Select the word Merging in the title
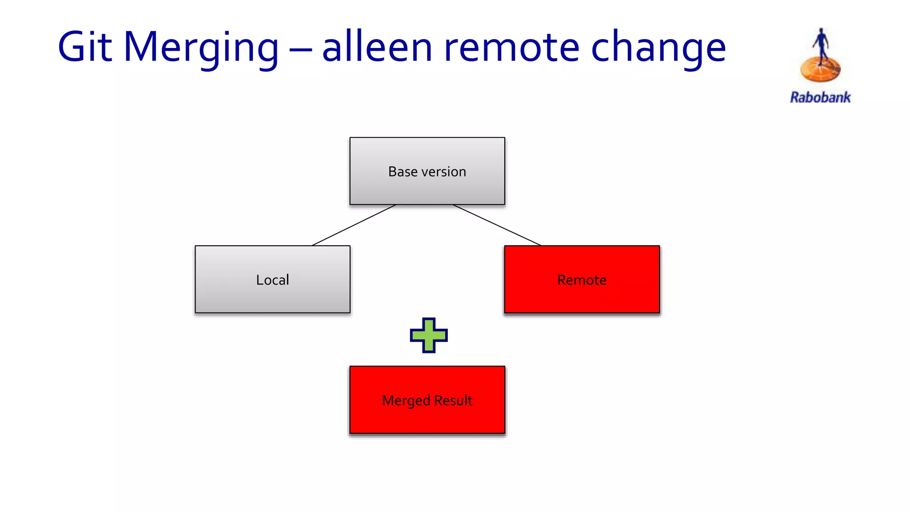pos(201,48)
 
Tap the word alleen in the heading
pos(377,47)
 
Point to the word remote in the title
pos(511,48)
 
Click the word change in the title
pos(658,48)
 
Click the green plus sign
pos(428,336)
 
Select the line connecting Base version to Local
pos(354,225)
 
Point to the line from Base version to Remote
pos(497,225)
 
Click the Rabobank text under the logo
pos(820,97)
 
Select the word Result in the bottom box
pos(453,400)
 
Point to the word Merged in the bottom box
pos(406,401)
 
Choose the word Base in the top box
pos(403,172)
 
